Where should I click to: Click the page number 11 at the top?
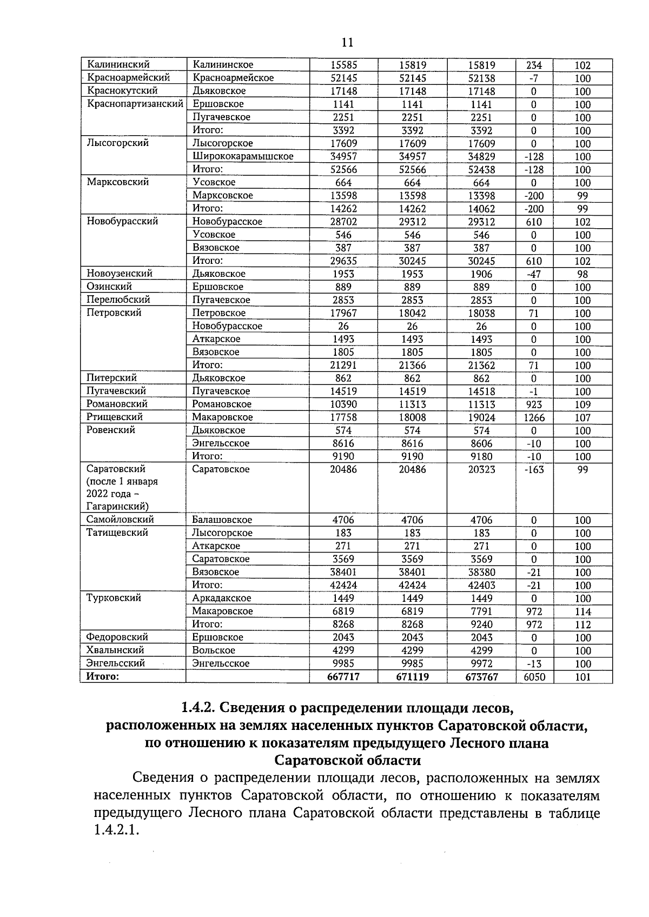point(347,43)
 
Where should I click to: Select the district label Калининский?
point(118,65)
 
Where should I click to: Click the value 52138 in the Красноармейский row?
point(481,78)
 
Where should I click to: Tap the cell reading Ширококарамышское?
point(243,156)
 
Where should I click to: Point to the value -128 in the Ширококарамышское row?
point(534,157)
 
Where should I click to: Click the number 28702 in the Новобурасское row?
point(343,222)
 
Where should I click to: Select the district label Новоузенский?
point(120,274)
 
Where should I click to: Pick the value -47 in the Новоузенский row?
point(534,274)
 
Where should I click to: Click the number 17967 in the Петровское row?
point(343,313)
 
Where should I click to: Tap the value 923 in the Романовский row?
point(534,404)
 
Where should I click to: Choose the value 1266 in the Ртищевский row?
point(534,417)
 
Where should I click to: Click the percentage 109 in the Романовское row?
point(582,404)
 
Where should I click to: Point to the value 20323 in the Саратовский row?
point(481,470)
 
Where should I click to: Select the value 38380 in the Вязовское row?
point(481,572)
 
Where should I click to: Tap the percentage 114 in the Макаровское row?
point(582,612)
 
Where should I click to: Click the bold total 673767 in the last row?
point(481,677)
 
